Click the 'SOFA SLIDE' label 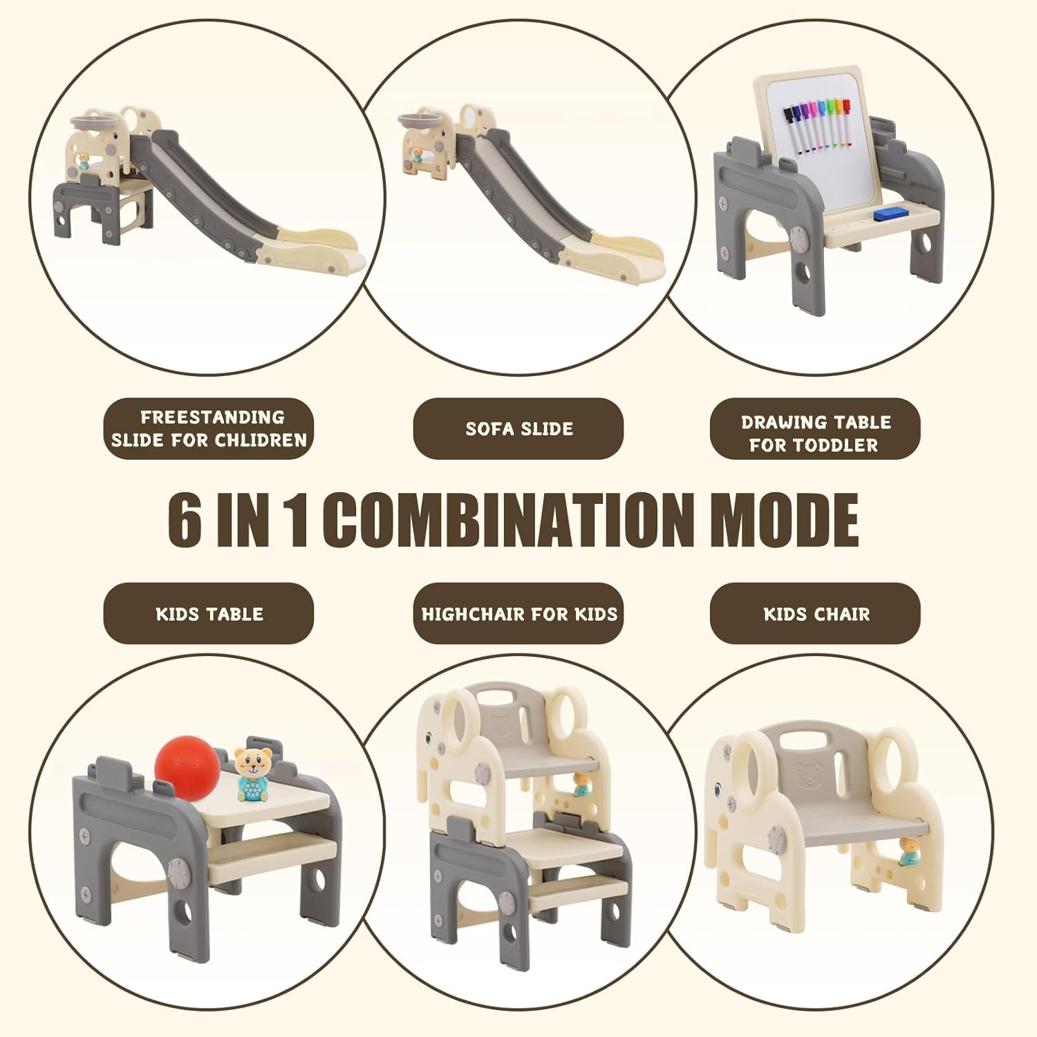tap(518, 429)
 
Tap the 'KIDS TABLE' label tap(209, 614)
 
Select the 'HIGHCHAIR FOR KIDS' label tap(518, 614)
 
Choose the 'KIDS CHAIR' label tap(816, 614)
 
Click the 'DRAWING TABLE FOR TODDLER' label tap(816, 433)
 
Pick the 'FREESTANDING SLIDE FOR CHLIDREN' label tap(209, 429)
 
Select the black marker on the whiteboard tap(793, 130)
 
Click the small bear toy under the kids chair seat tap(907, 852)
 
